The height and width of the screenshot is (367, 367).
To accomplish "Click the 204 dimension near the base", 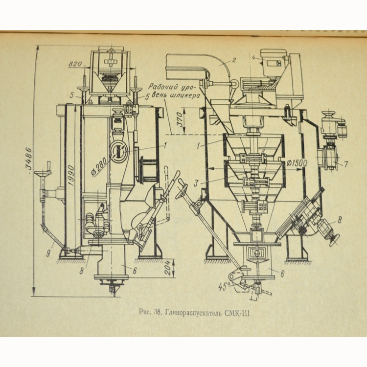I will (167, 267).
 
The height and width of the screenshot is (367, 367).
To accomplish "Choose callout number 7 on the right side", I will (346, 164).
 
